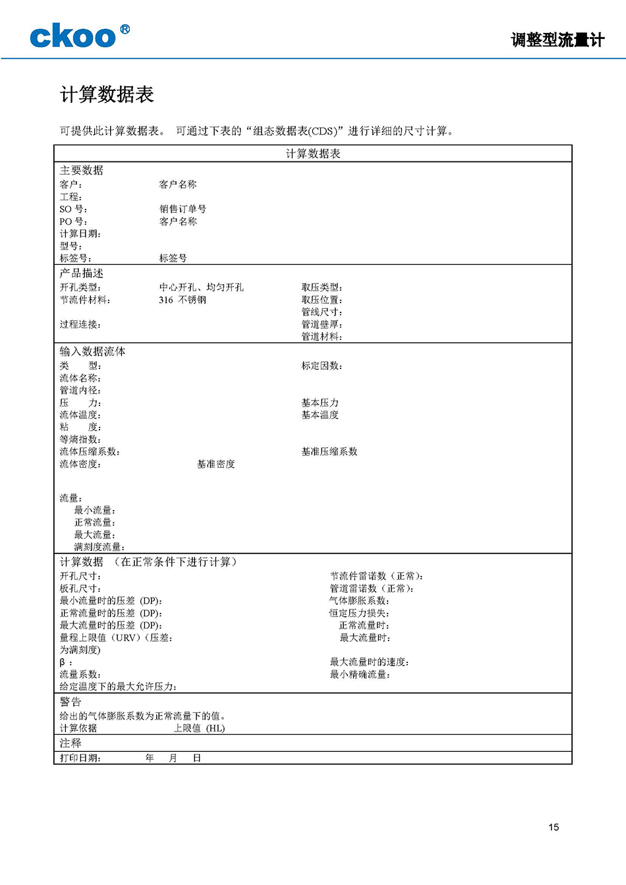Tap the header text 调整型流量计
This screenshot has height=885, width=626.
[557, 40]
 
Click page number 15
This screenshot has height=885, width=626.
[554, 827]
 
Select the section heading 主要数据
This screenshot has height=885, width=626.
[82, 171]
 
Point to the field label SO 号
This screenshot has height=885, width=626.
[73, 209]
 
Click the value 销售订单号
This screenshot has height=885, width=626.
[183, 209]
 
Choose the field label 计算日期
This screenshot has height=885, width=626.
[80, 234]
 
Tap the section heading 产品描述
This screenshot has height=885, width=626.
[82, 273]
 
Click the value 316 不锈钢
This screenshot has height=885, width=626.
[183, 300]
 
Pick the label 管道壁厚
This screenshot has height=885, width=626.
[322, 324]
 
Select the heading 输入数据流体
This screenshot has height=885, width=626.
[92, 352]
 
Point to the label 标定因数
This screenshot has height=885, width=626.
[322, 366]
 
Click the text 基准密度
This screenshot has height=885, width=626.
[215, 464]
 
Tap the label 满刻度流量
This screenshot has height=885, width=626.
[99, 547]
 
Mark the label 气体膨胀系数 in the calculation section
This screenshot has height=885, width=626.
[359, 601]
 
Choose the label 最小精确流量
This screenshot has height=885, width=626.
[360, 674]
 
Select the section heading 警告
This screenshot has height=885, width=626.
[71, 702]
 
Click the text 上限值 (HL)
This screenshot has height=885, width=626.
[199, 728]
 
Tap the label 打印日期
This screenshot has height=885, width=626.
[80, 758]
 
